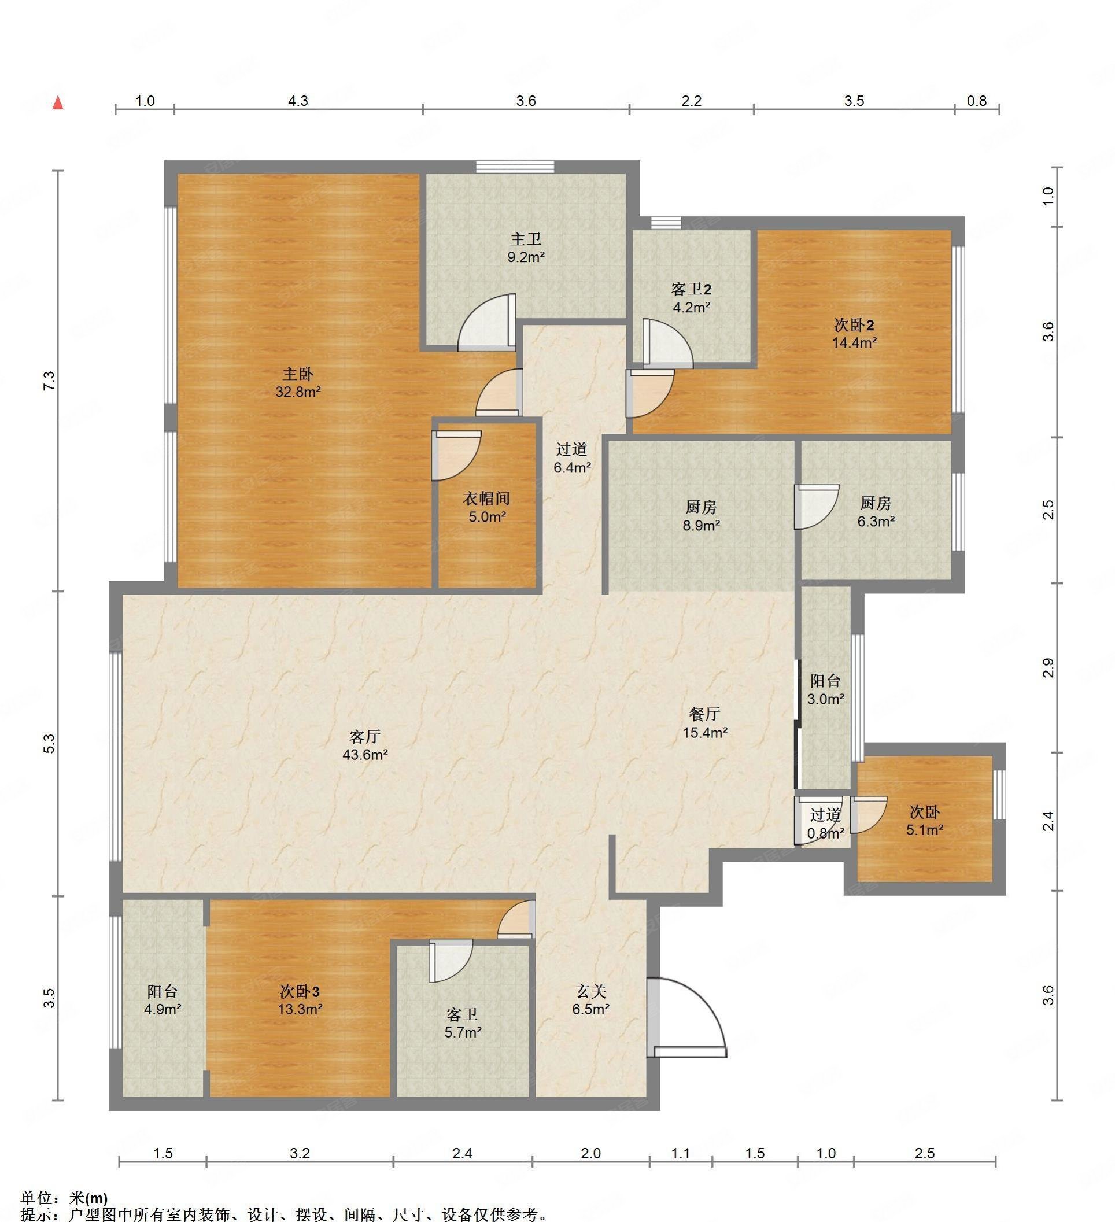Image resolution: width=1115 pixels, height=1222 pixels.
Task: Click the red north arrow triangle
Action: tap(58, 102)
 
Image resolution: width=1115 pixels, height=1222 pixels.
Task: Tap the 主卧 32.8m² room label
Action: tap(298, 382)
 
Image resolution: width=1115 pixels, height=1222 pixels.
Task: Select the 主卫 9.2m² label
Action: tap(526, 248)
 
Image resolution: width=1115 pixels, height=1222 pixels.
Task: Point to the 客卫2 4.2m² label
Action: tap(691, 298)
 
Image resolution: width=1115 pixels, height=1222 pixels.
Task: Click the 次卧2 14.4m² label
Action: tap(854, 333)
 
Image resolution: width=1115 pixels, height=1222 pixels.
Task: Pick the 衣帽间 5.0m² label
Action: tap(486, 507)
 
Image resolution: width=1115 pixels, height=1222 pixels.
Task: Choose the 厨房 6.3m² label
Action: tap(876, 512)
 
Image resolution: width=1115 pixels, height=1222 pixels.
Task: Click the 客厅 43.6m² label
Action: tap(365, 745)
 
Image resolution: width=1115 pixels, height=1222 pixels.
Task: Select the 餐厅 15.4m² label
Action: tap(705, 722)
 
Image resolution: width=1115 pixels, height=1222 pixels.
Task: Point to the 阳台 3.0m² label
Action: tap(826, 690)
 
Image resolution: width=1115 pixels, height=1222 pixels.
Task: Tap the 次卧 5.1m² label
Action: tap(925, 821)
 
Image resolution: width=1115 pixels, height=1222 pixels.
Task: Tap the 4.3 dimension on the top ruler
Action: tap(298, 101)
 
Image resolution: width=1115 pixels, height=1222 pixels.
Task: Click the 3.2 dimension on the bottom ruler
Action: tap(300, 1153)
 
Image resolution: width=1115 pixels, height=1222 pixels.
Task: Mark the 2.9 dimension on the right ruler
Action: tap(1049, 668)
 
